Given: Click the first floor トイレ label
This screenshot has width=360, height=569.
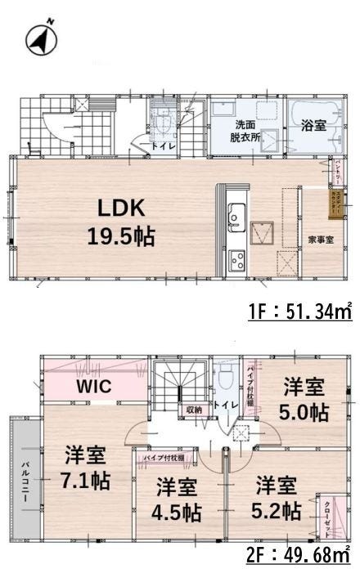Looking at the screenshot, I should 161,146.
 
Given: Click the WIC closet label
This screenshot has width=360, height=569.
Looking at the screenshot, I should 94,386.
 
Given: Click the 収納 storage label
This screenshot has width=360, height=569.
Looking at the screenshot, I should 193,410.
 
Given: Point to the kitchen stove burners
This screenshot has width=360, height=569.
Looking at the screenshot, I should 237,261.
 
